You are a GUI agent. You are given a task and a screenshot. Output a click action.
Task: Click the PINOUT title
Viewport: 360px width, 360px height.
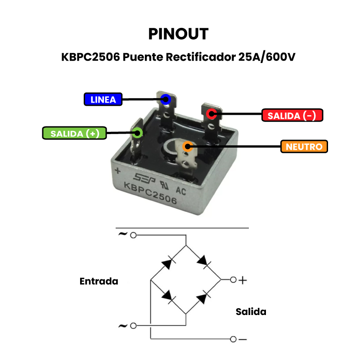(x=178, y=34)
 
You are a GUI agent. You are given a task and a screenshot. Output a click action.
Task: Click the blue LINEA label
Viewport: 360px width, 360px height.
(x=103, y=99)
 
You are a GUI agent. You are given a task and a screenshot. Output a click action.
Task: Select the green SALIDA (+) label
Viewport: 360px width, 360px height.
(x=75, y=134)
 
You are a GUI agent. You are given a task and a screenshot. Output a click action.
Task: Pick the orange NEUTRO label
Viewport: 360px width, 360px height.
(x=304, y=147)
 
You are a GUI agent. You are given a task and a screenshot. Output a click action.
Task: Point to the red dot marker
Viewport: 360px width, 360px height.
(x=211, y=113)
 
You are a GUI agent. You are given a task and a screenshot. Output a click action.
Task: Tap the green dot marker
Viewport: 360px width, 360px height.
(x=137, y=132)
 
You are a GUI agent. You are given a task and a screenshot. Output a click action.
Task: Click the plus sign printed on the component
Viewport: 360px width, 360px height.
(x=118, y=171)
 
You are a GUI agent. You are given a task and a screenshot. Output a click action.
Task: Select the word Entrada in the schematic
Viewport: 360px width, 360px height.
(x=99, y=281)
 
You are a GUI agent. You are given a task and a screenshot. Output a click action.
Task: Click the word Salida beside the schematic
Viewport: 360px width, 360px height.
(x=251, y=311)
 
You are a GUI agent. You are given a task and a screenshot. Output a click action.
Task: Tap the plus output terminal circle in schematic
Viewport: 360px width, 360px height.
(x=233, y=280)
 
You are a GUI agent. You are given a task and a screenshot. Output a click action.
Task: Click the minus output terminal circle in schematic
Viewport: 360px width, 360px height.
(x=233, y=339)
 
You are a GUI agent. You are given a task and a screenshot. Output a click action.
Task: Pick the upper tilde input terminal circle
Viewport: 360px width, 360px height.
(x=133, y=235)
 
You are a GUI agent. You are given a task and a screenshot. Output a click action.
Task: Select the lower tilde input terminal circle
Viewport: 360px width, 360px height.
(x=133, y=325)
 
